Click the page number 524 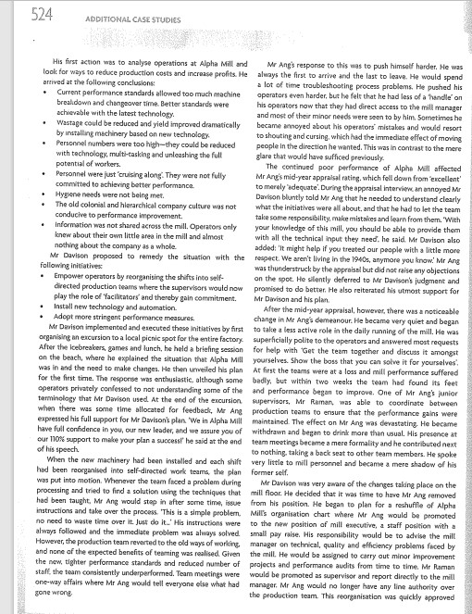coord(19,13)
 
